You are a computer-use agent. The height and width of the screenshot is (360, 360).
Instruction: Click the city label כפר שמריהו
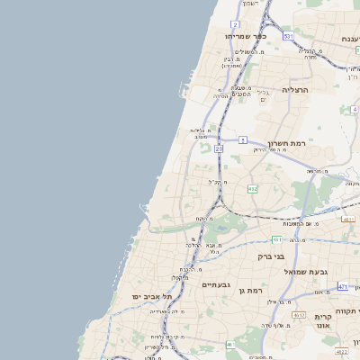[248, 36]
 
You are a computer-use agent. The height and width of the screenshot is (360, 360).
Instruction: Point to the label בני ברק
[271, 256]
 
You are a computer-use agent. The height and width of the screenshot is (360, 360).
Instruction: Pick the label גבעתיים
[218, 283]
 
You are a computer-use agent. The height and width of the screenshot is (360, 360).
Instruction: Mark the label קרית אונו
[324, 322]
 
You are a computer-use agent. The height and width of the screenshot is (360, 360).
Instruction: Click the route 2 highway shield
[235, 23]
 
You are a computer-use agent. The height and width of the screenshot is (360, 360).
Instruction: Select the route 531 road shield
[287, 36]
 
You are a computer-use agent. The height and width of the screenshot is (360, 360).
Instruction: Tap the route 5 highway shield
[243, 139]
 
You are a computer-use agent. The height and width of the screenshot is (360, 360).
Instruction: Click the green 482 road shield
[253, 189]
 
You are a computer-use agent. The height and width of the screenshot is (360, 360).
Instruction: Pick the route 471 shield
[342, 286]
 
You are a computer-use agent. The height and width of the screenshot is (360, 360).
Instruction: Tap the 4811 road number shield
[348, 219]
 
